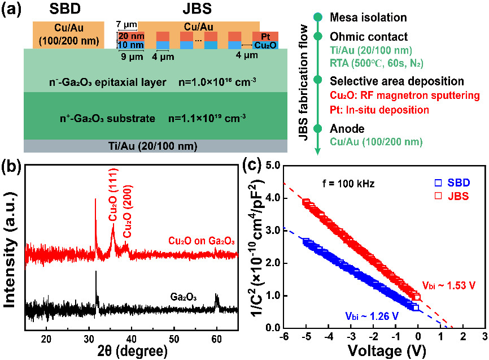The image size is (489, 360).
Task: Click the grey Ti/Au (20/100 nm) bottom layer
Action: click(155, 146)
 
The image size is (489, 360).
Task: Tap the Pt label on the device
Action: click(265, 37)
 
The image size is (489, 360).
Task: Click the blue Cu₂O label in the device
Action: click(265, 45)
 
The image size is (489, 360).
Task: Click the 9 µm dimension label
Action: click(132, 57)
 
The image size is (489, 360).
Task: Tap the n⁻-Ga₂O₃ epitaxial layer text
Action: click(107, 83)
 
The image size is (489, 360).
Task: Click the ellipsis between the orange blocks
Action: click(198, 40)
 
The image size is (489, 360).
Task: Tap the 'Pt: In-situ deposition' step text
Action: click(379, 110)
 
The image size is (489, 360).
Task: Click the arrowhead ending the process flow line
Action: click(318, 151)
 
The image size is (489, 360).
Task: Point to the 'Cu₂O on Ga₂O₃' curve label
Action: click(201, 241)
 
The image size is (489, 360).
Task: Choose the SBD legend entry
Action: click(452, 183)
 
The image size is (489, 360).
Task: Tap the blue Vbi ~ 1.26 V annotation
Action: click(372, 316)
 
